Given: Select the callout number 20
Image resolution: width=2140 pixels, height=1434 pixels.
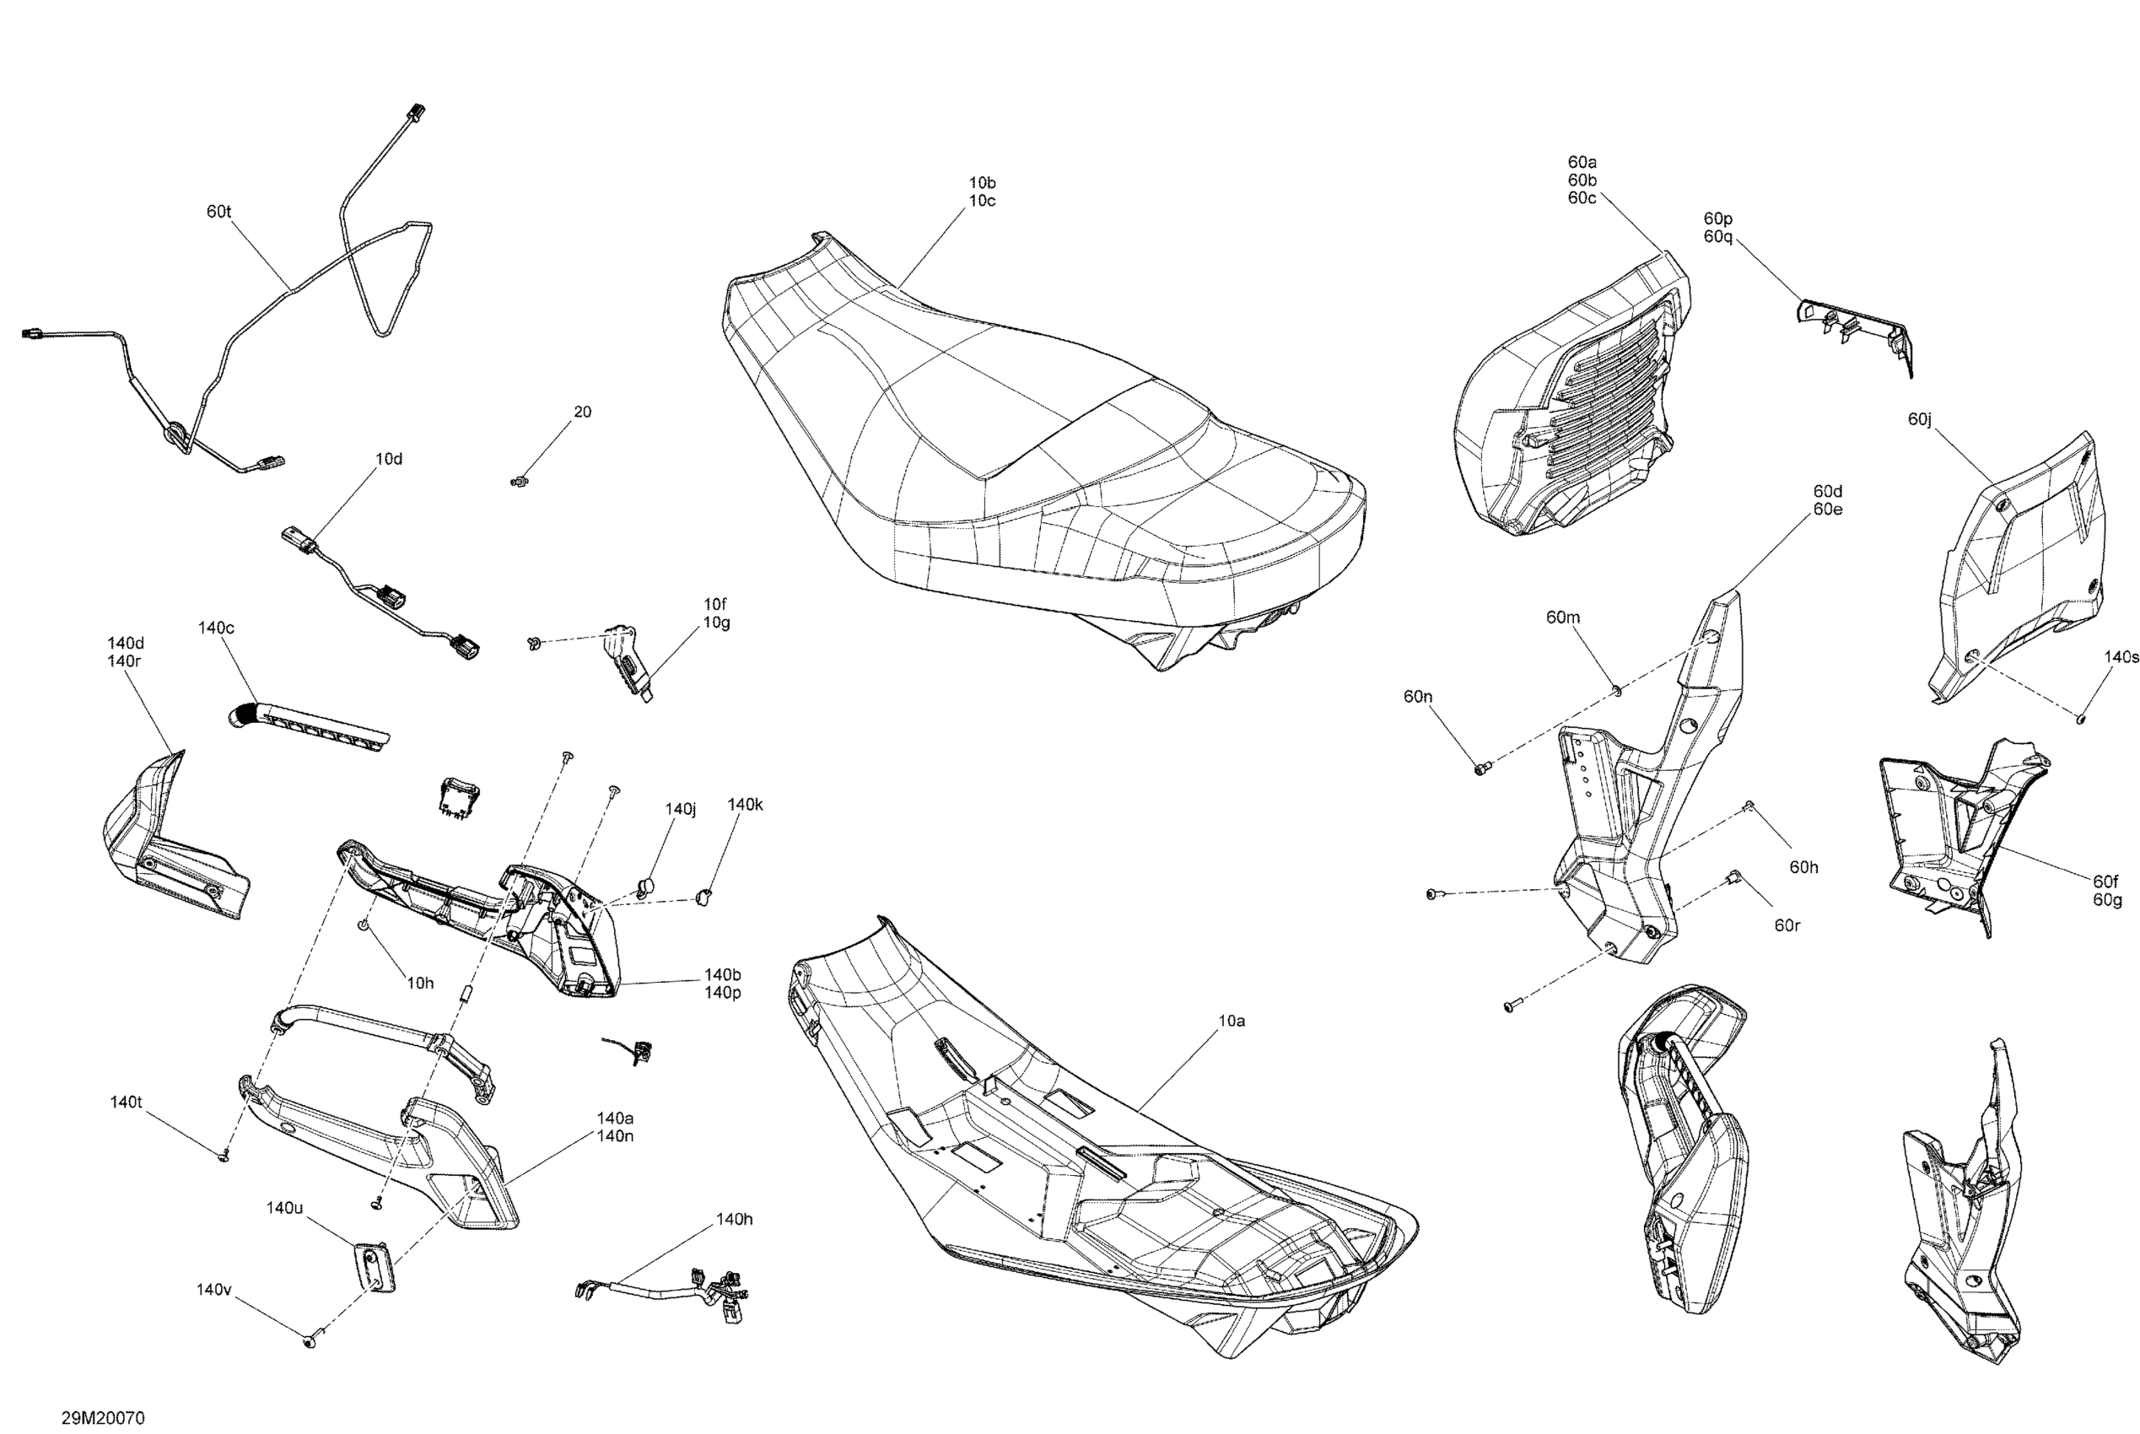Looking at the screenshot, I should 583,412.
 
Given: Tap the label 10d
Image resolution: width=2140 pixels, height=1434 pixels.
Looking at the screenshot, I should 389,459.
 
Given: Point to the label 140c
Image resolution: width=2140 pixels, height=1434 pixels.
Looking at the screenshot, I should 216,628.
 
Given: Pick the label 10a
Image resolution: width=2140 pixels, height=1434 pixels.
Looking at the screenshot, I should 1231,1021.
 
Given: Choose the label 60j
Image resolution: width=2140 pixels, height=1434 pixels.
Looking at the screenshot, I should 1920,420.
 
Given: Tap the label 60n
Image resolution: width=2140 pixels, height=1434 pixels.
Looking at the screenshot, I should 1417,697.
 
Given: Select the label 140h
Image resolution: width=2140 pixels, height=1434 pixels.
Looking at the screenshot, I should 735,1219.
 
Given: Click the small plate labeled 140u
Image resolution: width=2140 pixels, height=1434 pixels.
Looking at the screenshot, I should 374,1267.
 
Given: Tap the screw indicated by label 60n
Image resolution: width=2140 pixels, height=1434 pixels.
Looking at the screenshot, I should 1480,768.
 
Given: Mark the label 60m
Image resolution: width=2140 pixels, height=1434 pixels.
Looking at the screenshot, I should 1563,618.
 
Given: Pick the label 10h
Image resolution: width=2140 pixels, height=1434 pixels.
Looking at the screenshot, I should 420,983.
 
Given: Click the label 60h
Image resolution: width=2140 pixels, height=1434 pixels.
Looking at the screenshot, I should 1803,867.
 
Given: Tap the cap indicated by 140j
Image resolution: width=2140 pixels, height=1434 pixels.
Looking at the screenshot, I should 645,884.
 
